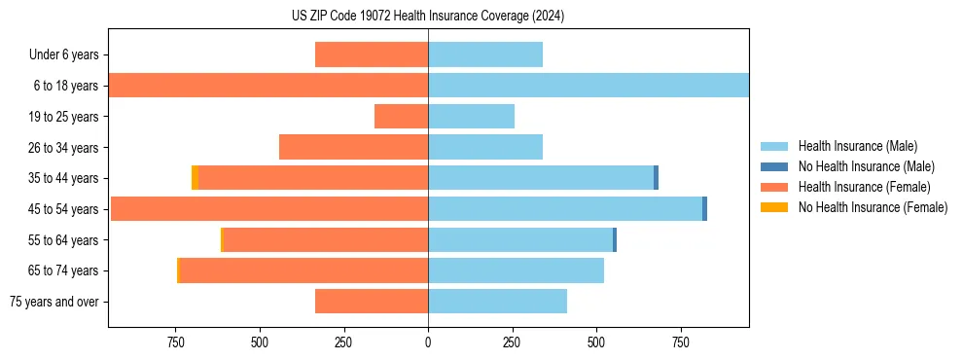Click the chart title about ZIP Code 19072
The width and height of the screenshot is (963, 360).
click(x=428, y=17)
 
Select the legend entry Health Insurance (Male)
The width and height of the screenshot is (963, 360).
click(x=857, y=146)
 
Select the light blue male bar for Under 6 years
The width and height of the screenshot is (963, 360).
click(x=484, y=55)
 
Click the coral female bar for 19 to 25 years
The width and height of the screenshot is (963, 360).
click(x=401, y=117)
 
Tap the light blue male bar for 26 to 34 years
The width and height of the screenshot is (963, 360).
click(x=484, y=148)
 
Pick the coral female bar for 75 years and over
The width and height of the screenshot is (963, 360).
click(x=372, y=302)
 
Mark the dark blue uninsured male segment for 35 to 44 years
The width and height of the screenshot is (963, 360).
click(x=656, y=178)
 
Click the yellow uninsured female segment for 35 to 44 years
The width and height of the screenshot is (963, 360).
click(x=195, y=178)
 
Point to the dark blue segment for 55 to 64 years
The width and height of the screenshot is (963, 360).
click(x=615, y=240)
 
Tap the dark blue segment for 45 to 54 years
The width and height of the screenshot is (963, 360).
click(x=704, y=209)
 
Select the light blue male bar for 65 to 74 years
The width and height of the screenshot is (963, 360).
click(x=516, y=270)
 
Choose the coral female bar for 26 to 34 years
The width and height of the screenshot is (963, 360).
click(x=354, y=148)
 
